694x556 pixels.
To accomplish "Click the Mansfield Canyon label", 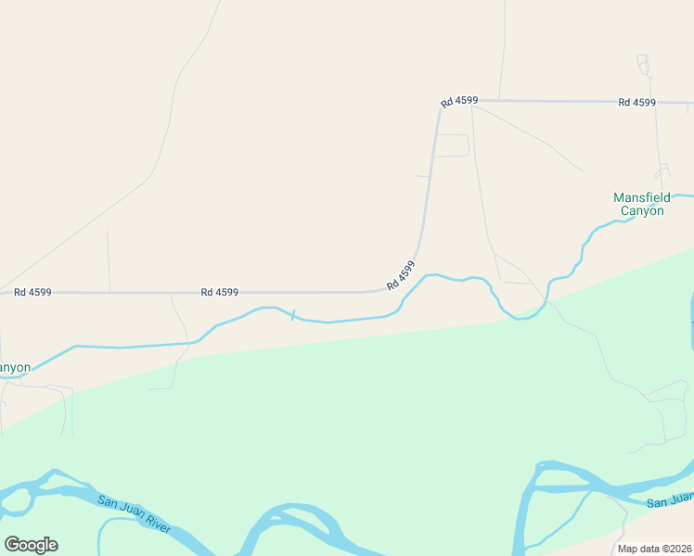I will pos(641,204).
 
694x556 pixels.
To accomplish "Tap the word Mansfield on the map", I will pos(641,197).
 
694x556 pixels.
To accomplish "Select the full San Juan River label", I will pos(134,512).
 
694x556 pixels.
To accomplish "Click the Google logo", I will pos(31,545).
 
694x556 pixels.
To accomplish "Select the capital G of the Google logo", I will pos(12,544).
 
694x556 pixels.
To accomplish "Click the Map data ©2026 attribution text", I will pos(655,549).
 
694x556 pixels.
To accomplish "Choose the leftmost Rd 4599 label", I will pos(32,292).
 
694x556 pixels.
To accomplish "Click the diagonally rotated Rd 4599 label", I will pos(401,275).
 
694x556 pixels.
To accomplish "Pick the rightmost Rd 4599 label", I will pos(636,102).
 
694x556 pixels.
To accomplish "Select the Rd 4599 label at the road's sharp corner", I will pos(459,100).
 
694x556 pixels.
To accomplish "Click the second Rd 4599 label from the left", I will pos(220,292).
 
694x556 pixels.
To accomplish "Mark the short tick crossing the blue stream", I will pos(293,316).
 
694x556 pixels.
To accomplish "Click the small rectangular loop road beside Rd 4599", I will pos(452,145).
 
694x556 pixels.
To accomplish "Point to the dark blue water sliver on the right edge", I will pos(691,320).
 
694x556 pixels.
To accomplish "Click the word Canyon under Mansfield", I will pos(642,210).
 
